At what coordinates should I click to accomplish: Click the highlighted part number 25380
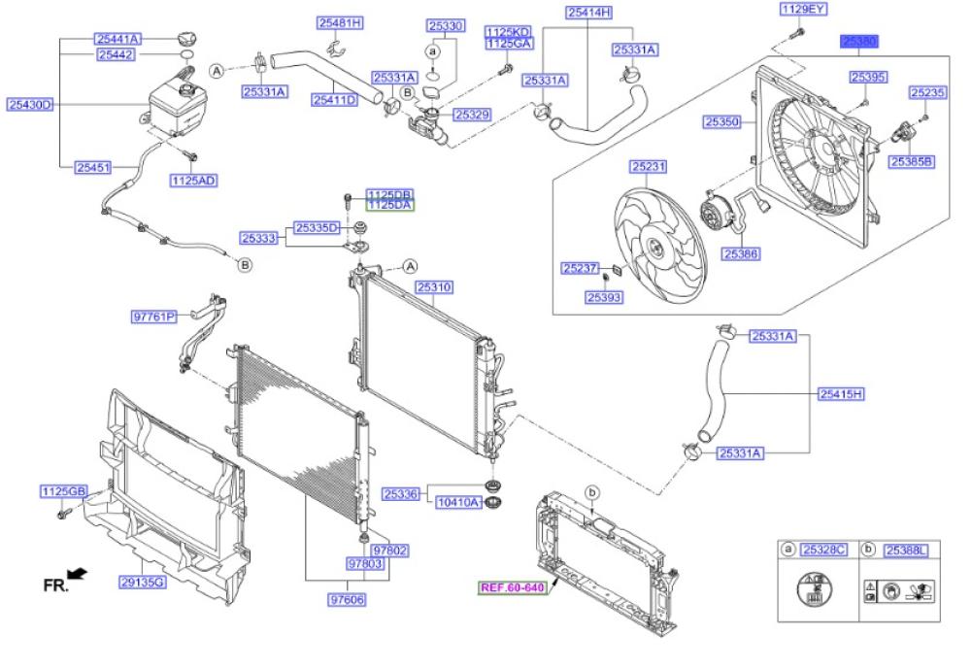pyautogui.click(x=859, y=43)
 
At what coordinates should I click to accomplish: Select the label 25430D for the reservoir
pyautogui.click(x=30, y=104)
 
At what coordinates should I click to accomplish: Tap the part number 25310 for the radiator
pyautogui.click(x=434, y=287)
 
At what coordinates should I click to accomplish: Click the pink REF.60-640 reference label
pyautogui.click(x=513, y=587)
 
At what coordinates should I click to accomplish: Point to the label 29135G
pyautogui.click(x=143, y=582)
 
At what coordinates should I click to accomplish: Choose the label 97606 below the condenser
pyautogui.click(x=347, y=600)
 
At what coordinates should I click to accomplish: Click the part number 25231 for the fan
pyautogui.click(x=649, y=167)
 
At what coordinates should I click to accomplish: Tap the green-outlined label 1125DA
pyautogui.click(x=389, y=205)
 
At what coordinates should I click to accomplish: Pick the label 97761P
pyautogui.click(x=154, y=316)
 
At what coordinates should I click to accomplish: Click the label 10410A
pyautogui.click(x=458, y=503)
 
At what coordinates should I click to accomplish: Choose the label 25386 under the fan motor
pyautogui.click(x=741, y=253)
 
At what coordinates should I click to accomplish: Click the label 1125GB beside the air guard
pyautogui.click(x=64, y=491)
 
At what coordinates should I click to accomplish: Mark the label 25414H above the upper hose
pyautogui.click(x=589, y=13)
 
